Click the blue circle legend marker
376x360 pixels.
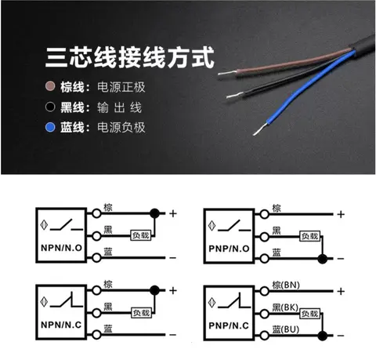point(50,127)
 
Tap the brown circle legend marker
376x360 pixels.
point(50,86)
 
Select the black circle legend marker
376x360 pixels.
point(50,107)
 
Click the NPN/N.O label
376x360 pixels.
point(61,248)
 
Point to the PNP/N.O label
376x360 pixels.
point(229,249)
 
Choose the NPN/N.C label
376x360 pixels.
point(61,325)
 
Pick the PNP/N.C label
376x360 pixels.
point(229,325)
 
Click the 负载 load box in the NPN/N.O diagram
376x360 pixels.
point(141,235)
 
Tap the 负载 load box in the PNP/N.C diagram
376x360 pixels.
point(310,314)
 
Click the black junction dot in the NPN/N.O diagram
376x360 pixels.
point(154,213)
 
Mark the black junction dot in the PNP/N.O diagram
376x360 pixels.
point(323,259)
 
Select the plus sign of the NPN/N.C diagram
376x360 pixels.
point(173,290)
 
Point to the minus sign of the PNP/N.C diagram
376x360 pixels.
point(341,336)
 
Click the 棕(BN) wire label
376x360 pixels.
point(286,285)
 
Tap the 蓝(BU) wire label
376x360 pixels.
point(286,329)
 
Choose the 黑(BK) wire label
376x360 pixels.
point(285,307)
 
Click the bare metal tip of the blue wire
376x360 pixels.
point(260,129)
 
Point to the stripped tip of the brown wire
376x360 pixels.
point(227,73)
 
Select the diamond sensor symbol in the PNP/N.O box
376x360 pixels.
point(211,226)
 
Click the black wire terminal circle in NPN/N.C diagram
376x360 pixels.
point(96,313)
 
